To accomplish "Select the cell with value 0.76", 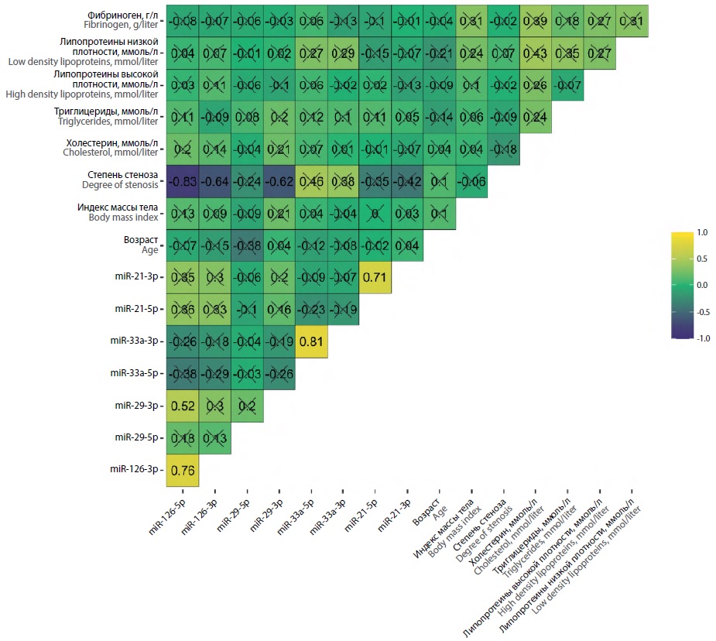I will click(x=183, y=470).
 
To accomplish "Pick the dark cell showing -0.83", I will click(x=183, y=181).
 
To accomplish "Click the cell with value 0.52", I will click(x=183, y=406).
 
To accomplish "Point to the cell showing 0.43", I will click(x=535, y=53).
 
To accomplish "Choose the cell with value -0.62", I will click(x=279, y=181).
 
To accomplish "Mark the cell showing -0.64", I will click(x=214, y=181).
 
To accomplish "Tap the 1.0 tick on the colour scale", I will click(x=701, y=231).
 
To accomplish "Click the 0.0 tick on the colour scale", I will click(x=701, y=284).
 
